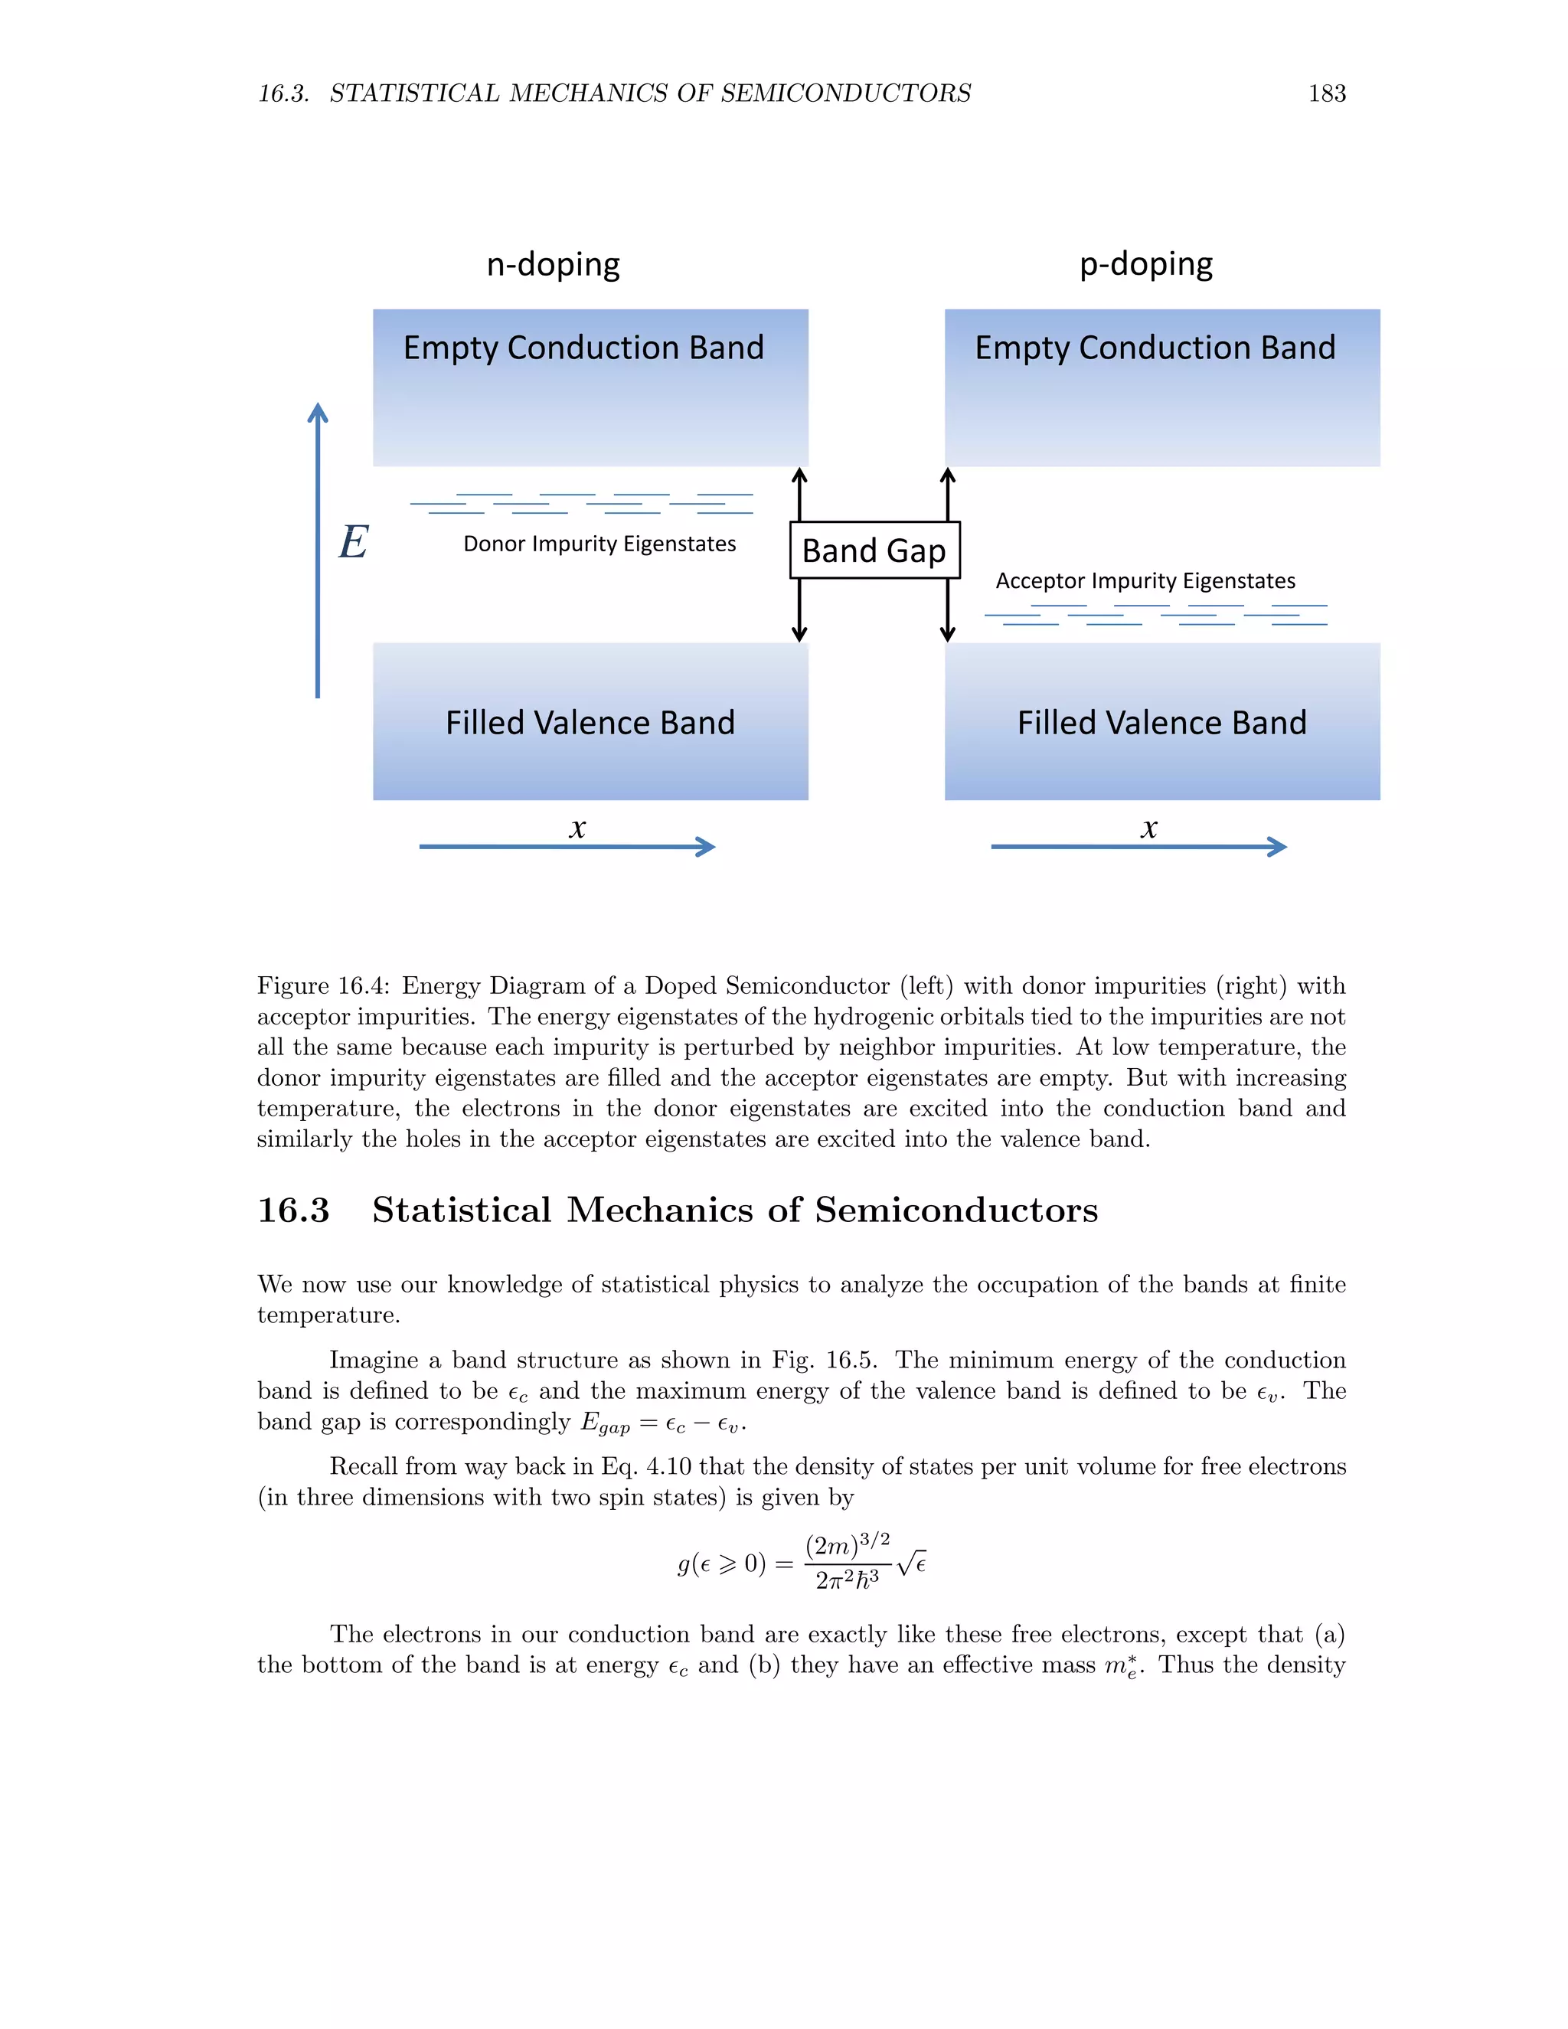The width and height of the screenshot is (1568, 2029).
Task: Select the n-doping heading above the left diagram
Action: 553,265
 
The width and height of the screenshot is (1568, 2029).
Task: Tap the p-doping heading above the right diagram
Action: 1145,265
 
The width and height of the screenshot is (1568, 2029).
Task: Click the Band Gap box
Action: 874,550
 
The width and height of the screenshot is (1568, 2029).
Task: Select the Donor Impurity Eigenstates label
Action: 599,544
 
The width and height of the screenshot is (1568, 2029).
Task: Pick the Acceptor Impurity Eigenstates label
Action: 1145,580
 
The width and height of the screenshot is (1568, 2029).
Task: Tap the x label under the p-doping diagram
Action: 1149,827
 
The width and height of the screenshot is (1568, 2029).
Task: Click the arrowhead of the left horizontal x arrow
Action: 708,846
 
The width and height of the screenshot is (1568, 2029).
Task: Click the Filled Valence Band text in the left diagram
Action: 590,723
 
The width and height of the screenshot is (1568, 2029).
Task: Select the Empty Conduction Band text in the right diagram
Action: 1155,348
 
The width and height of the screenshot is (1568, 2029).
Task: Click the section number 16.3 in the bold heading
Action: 293,1210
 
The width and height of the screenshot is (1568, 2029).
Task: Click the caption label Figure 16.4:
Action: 322,985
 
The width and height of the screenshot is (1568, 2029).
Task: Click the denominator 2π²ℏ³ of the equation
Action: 848,1580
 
